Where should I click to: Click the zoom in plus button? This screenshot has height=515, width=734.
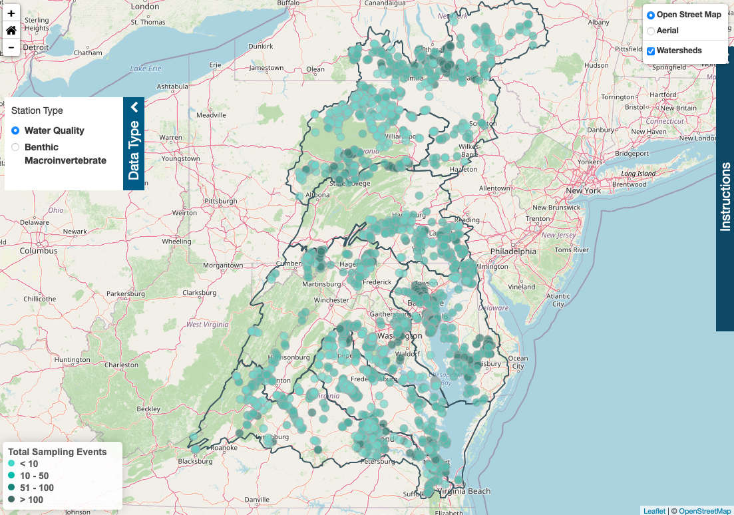click(11, 13)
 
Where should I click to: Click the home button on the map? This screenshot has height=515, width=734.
click(11, 30)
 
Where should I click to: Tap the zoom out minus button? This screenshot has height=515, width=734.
click(11, 47)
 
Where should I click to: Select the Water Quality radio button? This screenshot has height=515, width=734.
click(15, 131)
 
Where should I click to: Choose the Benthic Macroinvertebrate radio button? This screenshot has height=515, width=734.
click(15, 147)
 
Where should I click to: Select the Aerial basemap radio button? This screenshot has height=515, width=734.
click(651, 31)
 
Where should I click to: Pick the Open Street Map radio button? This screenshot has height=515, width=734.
click(651, 15)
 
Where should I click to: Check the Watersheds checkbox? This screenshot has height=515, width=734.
click(651, 51)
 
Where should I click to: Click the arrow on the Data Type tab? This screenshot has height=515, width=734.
click(134, 107)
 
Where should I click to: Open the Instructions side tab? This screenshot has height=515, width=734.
click(725, 196)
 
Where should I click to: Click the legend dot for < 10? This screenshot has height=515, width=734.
click(11, 464)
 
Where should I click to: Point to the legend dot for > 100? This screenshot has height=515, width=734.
click(11, 500)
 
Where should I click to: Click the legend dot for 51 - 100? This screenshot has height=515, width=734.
click(11, 488)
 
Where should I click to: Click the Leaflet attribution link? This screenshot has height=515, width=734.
click(653, 510)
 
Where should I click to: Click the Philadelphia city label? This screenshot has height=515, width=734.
click(512, 252)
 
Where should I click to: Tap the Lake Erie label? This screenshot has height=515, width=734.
click(146, 69)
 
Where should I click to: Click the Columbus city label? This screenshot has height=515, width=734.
click(38, 251)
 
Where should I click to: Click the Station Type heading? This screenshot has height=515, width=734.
click(37, 110)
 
